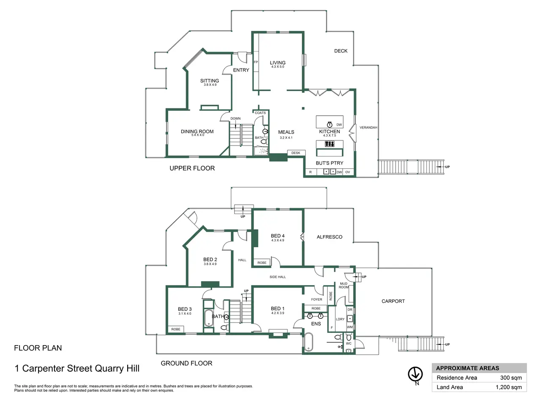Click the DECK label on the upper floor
(x=341, y=51)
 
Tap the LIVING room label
(x=278, y=63)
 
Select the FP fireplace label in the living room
(x=256, y=62)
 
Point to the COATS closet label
(x=260, y=113)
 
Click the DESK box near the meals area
(x=296, y=153)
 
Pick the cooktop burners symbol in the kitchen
(x=330, y=143)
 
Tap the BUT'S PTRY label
(x=330, y=163)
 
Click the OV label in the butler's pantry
(x=347, y=172)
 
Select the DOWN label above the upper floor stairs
(x=235, y=118)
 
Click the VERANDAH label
(x=368, y=127)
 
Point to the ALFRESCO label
(x=330, y=237)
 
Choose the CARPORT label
(x=393, y=301)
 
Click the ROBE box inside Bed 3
(x=176, y=329)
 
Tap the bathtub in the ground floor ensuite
(x=309, y=342)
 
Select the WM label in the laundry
(x=350, y=327)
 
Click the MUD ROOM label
(x=344, y=285)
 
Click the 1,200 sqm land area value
(x=509, y=387)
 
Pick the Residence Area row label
(x=457, y=378)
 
